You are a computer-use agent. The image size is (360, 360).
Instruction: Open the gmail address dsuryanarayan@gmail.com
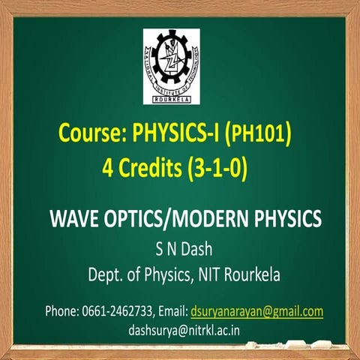point(256,310)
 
